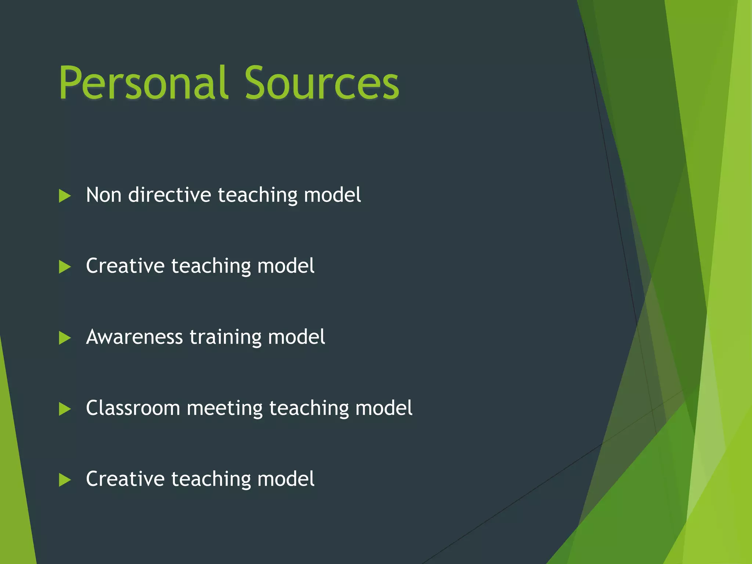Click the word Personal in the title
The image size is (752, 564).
tap(143, 83)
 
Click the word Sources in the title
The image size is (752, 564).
tap(322, 83)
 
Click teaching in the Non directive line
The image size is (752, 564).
tap(257, 195)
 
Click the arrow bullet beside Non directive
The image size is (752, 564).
tap(65, 196)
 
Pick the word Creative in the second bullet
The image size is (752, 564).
tap(125, 266)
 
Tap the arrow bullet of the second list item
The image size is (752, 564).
tap(65, 267)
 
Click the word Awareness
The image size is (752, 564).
tap(134, 337)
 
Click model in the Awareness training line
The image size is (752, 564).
tap(296, 337)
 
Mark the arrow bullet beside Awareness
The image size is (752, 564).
tap(65, 338)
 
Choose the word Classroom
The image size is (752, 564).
tap(133, 408)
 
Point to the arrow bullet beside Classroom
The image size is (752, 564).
tap(65, 409)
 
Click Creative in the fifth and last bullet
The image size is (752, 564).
tap(125, 479)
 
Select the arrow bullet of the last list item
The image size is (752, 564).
tap(65, 480)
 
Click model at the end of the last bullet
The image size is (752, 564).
tap(286, 479)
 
